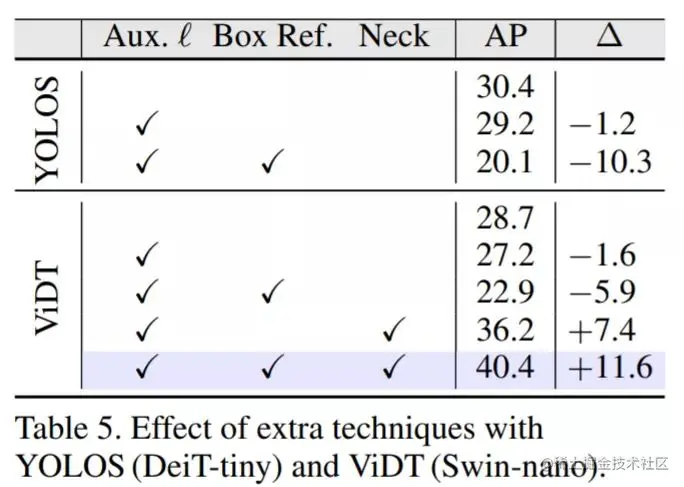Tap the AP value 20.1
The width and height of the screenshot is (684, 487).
pyautogui.click(x=505, y=161)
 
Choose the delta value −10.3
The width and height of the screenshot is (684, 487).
pyautogui.click(x=608, y=161)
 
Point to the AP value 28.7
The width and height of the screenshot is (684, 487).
pyautogui.click(x=505, y=218)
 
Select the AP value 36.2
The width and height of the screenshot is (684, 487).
pyautogui.click(x=505, y=329)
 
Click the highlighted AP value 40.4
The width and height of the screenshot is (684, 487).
pyautogui.click(x=505, y=367)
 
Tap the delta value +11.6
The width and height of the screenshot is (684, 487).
pyautogui.click(x=608, y=367)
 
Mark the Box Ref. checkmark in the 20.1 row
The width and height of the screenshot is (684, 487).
pyautogui.click(x=272, y=162)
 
